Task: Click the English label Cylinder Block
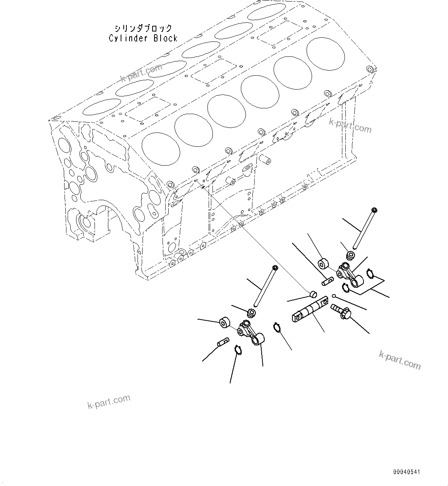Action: [143, 38]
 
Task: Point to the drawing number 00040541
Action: [407, 471]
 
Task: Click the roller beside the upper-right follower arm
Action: [323, 264]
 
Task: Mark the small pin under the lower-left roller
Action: [223, 342]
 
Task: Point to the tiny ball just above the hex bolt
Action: [335, 296]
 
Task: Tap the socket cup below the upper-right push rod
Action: [350, 255]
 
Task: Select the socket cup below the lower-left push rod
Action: [251, 313]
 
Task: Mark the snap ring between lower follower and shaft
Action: [277, 327]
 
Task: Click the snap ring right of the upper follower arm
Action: [370, 273]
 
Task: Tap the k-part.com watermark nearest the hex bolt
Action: [400, 360]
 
